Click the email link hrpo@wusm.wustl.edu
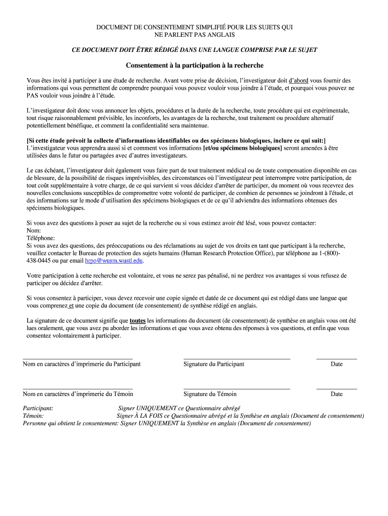114,261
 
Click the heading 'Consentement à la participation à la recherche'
195,66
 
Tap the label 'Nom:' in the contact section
34,230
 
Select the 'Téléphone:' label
41,238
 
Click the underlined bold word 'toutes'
138,320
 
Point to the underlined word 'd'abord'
298,80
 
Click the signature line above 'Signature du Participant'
237,358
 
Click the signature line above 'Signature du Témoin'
237,389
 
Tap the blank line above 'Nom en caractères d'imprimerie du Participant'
78,358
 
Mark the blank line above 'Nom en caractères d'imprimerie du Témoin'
78,389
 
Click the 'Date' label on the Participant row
337,364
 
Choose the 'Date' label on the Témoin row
337,394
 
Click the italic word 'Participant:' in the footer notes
38,408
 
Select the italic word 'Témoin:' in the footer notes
33,416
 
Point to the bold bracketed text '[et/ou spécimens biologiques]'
242,148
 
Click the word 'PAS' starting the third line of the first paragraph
32,95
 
